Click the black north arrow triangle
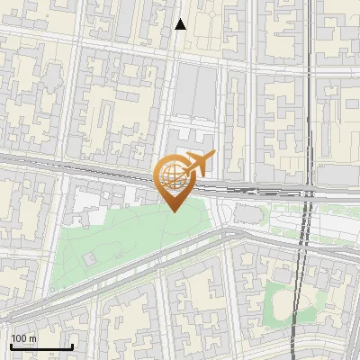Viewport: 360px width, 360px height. pos(180,24)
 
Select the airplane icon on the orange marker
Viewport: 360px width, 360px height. pos(199,165)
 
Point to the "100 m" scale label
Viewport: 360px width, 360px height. pos(24,338)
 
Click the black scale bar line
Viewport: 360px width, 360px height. pos(40,346)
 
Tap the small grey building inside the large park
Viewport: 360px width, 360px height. pos(91,257)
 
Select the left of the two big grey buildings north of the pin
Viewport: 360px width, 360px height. pos(183,94)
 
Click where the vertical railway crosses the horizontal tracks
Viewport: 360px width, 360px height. pos(308,191)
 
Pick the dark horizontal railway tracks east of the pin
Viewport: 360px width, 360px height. pos(261,189)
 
